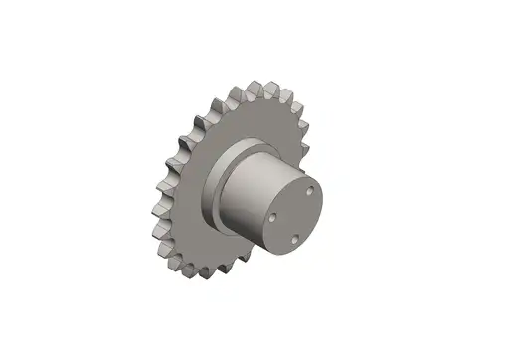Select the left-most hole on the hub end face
pos(273,212)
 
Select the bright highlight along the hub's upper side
pos(263,159)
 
